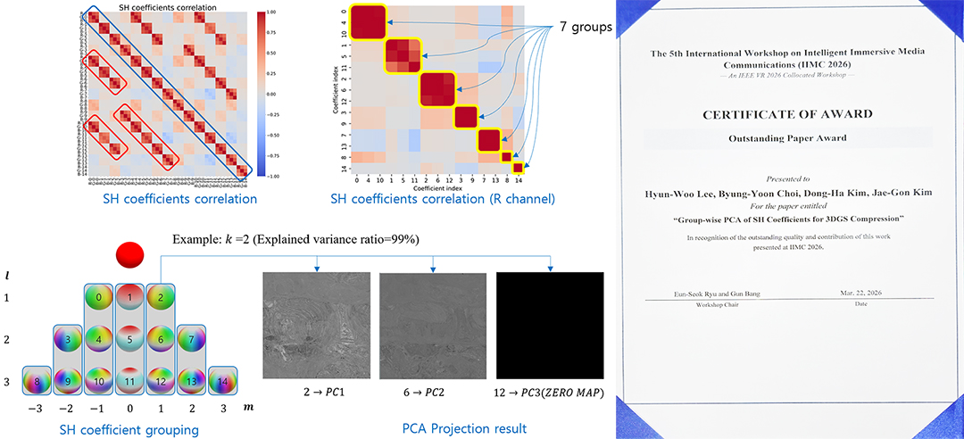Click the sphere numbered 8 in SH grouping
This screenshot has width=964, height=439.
pos(36,380)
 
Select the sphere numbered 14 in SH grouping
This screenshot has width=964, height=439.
pos(222,380)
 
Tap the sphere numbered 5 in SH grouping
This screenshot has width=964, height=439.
pos(130,339)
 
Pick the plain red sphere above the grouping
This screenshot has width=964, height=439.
pos(130,254)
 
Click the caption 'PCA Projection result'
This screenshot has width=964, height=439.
pos(460,428)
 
